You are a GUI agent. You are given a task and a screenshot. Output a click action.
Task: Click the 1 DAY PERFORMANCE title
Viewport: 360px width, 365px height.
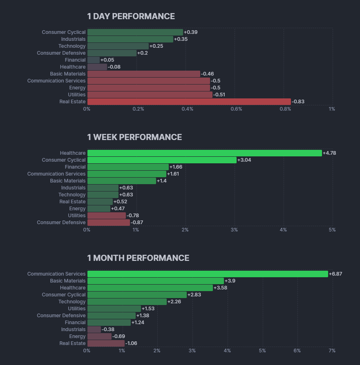[x=131, y=16]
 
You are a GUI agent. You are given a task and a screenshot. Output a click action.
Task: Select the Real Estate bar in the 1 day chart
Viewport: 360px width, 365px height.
[x=189, y=102]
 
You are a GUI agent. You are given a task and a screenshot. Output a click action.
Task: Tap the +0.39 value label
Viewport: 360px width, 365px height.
[x=191, y=32]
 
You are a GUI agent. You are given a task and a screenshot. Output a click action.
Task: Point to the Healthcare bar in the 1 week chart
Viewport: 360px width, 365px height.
[x=204, y=153]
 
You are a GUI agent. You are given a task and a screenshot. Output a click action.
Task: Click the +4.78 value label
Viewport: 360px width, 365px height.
[x=329, y=153]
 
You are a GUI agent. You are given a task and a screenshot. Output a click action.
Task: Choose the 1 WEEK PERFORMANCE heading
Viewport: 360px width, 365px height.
[x=134, y=137]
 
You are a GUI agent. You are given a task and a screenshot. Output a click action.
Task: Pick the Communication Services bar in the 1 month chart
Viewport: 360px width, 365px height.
[x=208, y=274]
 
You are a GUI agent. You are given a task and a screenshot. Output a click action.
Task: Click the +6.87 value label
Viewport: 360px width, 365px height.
[x=335, y=274]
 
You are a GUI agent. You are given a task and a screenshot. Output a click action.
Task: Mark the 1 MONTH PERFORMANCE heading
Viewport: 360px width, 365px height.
[x=138, y=258]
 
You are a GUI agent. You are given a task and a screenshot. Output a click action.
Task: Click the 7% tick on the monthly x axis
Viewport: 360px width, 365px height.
[x=332, y=351]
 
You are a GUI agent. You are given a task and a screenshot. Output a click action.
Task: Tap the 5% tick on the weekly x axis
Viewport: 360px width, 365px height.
[x=332, y=230]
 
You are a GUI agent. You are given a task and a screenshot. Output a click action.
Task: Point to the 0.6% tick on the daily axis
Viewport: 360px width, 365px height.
[x=236, y=109]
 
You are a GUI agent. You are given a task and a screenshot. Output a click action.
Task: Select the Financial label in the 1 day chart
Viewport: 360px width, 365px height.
[x=75, y=60]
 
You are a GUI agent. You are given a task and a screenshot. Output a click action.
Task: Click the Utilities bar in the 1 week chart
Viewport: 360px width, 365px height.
[x=106, y=216]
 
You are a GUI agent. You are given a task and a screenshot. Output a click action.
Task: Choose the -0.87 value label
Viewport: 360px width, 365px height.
[x=137, y=223]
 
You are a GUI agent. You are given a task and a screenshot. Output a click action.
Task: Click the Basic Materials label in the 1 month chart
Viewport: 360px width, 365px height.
[x=68, y=281]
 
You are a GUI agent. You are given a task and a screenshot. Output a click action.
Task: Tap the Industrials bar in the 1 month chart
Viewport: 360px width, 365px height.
[x=94, y=329]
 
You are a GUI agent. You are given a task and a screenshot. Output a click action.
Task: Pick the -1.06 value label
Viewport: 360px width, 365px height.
[x=132, y=343]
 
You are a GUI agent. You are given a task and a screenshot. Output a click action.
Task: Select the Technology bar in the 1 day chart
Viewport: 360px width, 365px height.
[x=118, y=46]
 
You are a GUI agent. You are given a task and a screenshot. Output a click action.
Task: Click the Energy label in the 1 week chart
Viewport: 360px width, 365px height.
[x=78, y=209]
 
